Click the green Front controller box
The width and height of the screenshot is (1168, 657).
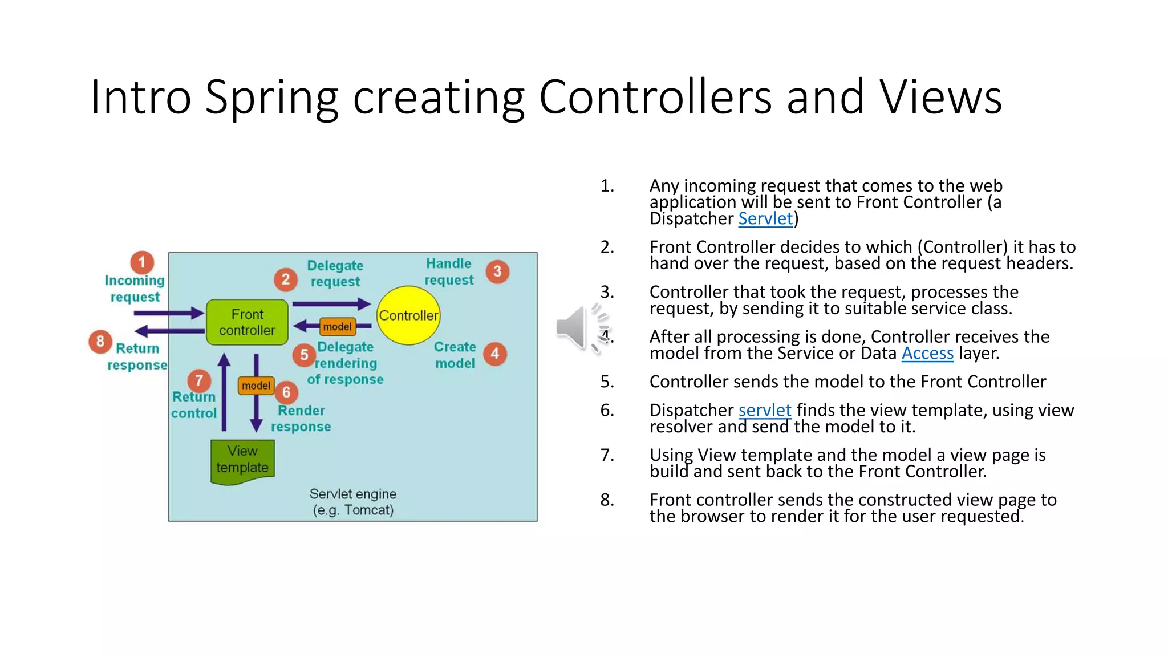click(x=247, y=322)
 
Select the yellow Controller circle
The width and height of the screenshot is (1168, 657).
click(x=408, y=315)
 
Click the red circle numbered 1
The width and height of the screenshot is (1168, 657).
click(x=142, y=262)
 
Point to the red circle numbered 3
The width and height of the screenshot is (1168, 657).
click(x=497, y=271)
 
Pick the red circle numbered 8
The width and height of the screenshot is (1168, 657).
click(x=100, y=341)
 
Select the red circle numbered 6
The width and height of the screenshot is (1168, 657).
click(x=286, y=392)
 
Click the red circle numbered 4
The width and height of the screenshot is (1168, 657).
click(x=494, y=354)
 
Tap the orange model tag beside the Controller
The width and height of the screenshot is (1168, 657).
click(x=337, y=327)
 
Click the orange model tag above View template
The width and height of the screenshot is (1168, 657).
click(x=256, y=386)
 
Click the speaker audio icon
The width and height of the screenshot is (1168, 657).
click(x=576, y=327)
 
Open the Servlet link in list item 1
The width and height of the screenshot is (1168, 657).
click(x=765, y=219)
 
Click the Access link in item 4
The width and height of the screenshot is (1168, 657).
click(x=927, y=354)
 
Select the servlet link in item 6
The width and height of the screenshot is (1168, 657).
click(x=764, y=410)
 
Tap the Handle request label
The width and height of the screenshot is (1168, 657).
click(x=449, y=271)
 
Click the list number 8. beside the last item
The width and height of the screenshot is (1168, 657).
click(x=607, y=500)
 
